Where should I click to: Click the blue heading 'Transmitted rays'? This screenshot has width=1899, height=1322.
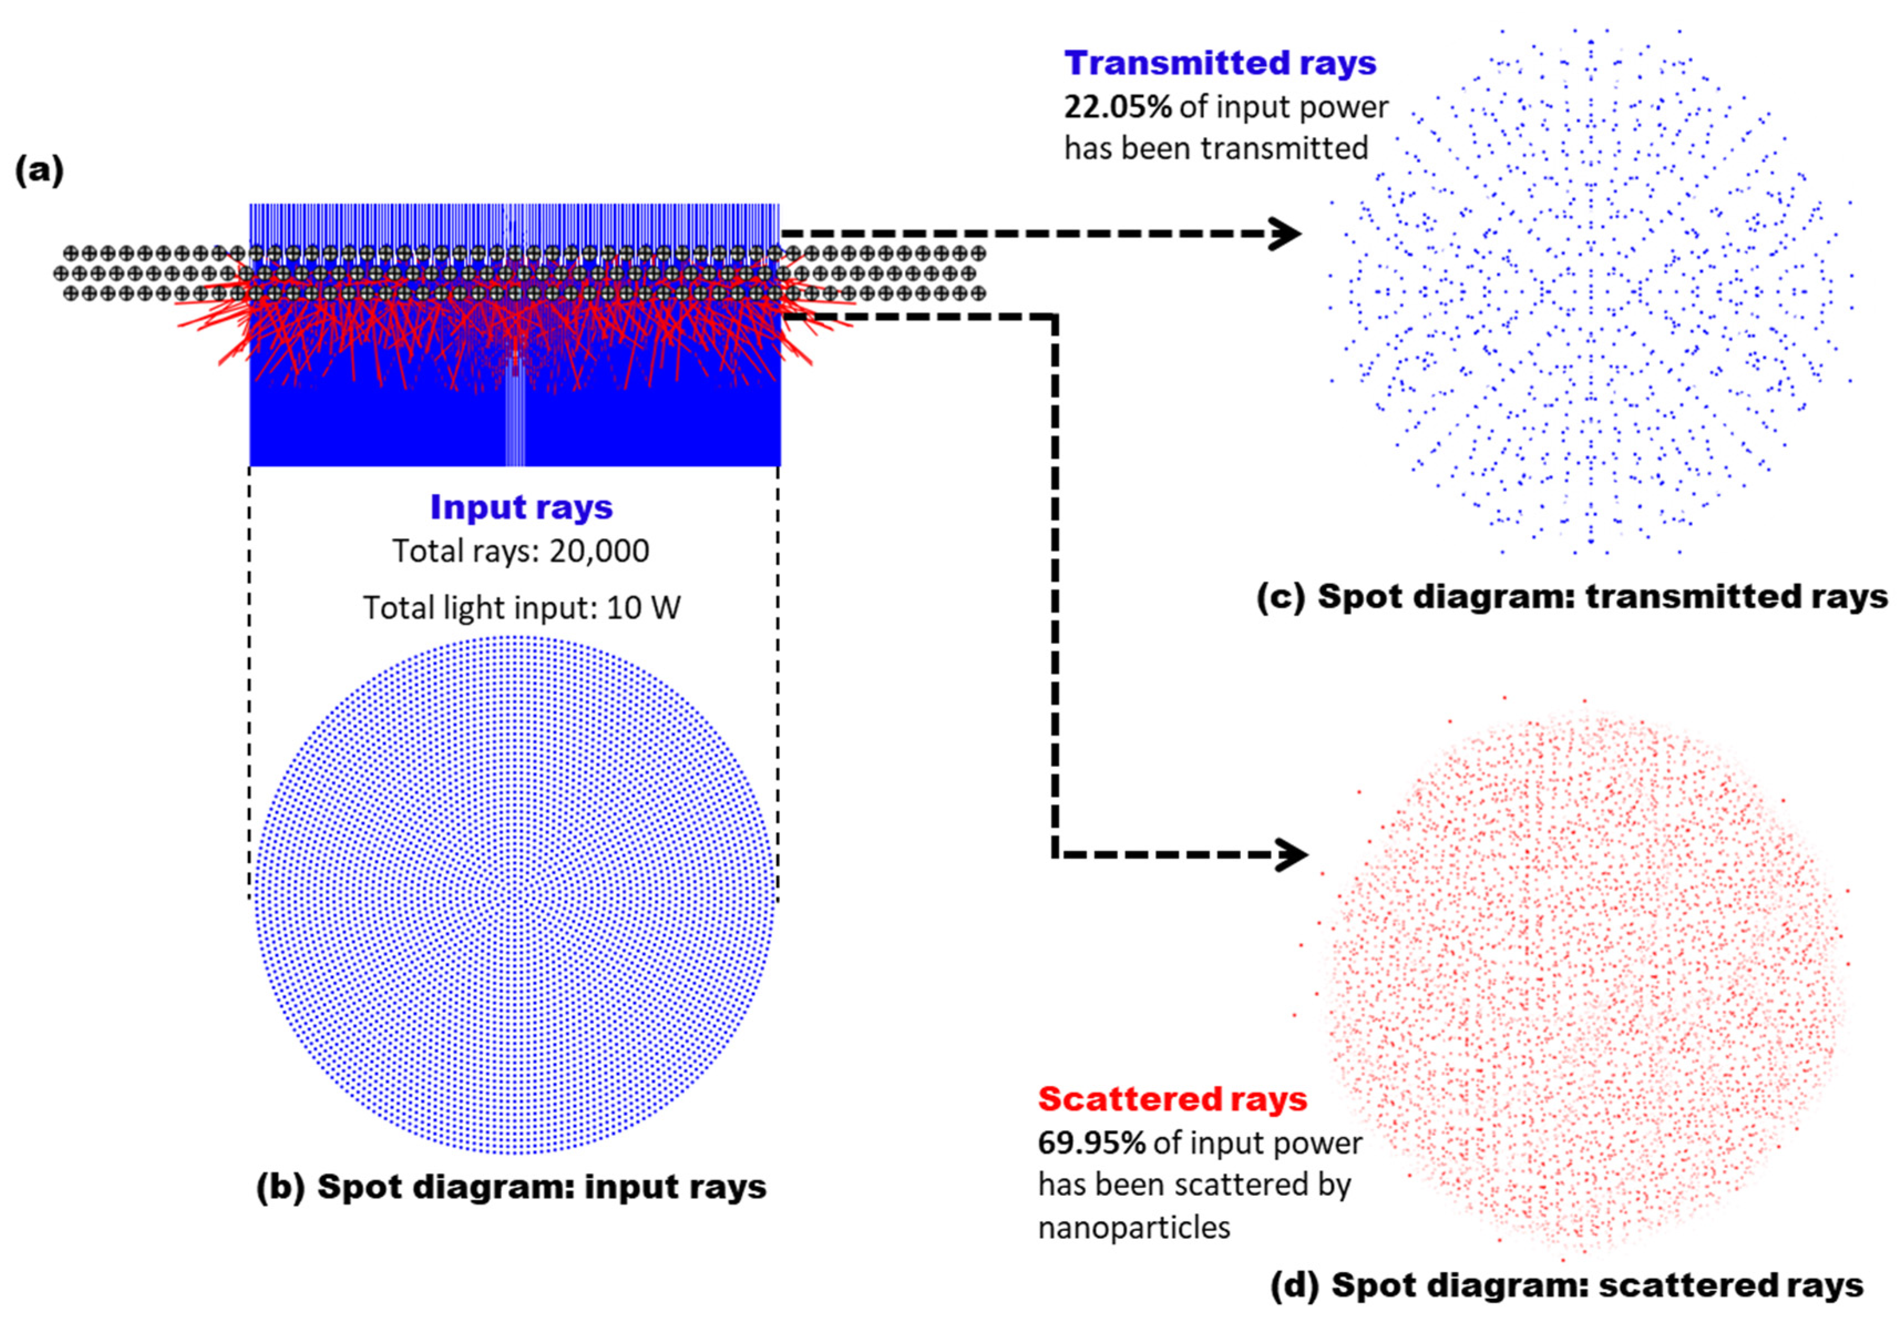point(1220,63)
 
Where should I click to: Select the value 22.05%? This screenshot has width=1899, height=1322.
point(1117,107)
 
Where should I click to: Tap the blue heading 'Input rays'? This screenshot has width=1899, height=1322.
point(521,506)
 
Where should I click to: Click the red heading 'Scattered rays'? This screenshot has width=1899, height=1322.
point(1172,1099)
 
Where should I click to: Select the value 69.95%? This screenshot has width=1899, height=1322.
point(1091,1142)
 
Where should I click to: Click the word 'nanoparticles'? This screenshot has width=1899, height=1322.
point(1134,1228)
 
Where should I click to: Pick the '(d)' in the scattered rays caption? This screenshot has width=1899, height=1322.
point(1295,1285)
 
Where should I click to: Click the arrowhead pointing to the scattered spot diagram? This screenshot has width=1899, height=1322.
point(1291,854)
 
